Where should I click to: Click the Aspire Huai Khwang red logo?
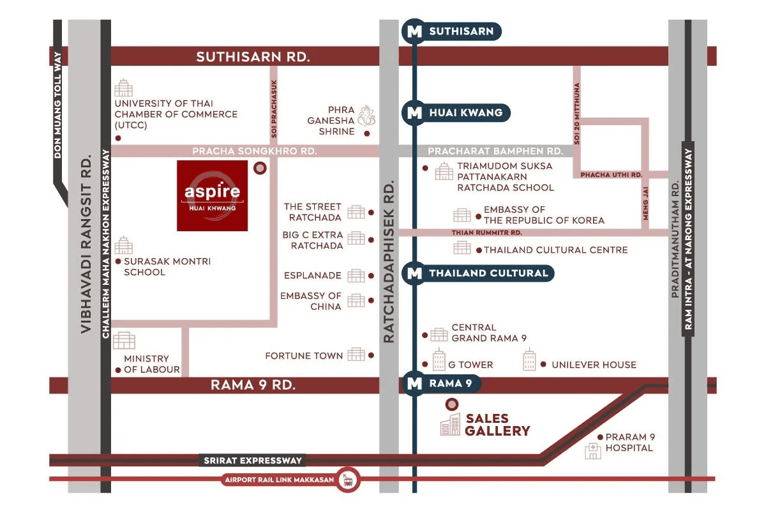pos(212,195)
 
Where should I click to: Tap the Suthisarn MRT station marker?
pos(451,31)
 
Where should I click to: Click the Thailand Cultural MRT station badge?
pos(477,273)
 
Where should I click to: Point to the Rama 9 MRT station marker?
pos(441,383)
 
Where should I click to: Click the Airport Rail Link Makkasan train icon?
pos(348,480)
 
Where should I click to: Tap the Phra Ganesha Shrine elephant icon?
pos(366,116)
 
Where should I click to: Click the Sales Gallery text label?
pos(497,425)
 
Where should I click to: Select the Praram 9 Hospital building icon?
pos(592,451)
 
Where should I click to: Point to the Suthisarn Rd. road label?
pos(253,56)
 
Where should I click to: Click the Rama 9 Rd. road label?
pos(253,385)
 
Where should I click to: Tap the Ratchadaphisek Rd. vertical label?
pos(389,261)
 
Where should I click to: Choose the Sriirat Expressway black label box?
pos(252,461)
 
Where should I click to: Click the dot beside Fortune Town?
pos(371,356)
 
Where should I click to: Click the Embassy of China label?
pos(310,301)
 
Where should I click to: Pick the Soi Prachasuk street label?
pos(274,109)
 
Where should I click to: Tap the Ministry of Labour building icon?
pos(124,340)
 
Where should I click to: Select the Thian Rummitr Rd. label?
pos(486,233)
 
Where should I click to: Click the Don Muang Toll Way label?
pos(57,105)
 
